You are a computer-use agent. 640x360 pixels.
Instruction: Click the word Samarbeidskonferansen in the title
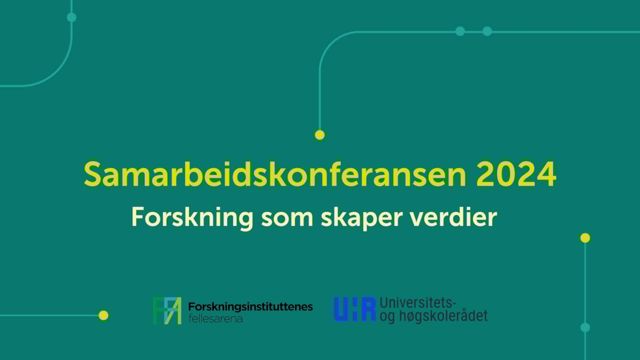click(275, 174)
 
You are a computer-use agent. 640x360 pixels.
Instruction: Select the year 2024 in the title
click(516, 174)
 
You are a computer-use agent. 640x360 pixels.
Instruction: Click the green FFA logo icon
click(167, 311)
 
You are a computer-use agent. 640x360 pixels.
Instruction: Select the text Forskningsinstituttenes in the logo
click(250, 307)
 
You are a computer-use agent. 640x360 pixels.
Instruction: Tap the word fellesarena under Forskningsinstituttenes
click(216, 319)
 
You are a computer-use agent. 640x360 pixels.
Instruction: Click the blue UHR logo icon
click(355, 309)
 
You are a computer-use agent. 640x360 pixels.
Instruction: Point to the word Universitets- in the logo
click(418, 303)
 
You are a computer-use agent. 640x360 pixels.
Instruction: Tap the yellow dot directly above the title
click(319, 135)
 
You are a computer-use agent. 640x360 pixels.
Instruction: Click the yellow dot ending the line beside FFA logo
click(103, 315)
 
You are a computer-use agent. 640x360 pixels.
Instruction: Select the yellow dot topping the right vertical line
click(585, 238)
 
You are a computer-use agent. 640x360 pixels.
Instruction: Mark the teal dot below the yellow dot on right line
click(585, 327)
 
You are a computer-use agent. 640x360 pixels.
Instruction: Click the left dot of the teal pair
click(460, 31)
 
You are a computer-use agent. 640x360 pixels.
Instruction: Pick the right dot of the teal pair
click(487, 31)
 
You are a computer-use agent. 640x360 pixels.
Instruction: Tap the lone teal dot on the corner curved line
click(71, 17)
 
